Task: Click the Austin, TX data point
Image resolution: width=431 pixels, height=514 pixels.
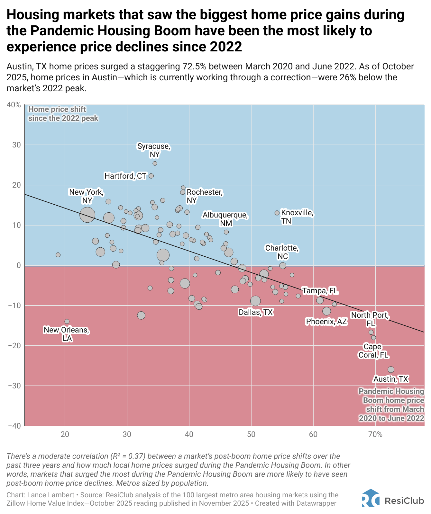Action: pos(391,370)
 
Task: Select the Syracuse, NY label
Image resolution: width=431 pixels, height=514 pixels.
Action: pos(154,150)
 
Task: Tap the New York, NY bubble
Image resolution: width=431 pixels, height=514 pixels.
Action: pos(87,215)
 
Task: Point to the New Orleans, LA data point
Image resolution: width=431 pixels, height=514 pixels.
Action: pos(67,322)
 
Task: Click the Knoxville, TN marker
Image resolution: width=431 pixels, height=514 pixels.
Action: pos(277,213)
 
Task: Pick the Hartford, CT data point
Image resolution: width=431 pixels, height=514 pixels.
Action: pos(151,176)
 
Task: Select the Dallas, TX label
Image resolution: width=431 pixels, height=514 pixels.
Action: pos(255,312)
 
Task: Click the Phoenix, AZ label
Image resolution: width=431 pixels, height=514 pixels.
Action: pos(326,322)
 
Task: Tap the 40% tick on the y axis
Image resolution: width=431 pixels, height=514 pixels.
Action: pos(14,105)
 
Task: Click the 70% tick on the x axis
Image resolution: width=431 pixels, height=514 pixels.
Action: pos(375,435)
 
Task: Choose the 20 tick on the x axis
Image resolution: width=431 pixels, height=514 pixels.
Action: pos(65,435)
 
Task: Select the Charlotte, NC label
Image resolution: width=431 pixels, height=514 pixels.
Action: pos(282,252)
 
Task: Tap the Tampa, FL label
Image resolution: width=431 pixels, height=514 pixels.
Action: pos(320,291)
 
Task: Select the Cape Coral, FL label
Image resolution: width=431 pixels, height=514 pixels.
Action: pos(373,351)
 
